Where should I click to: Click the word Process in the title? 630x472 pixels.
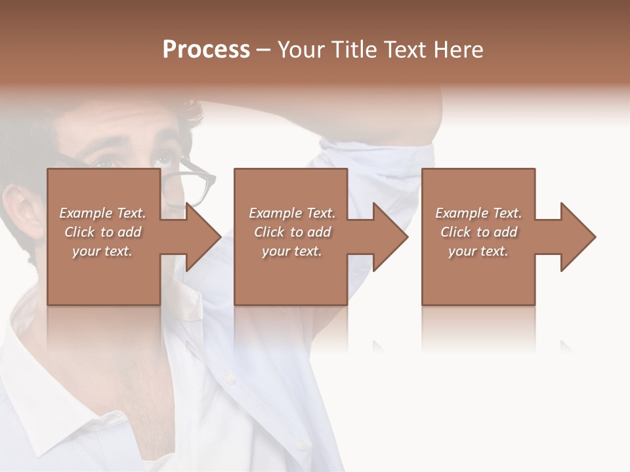[206, 50]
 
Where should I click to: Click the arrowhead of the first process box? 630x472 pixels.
[203, 237]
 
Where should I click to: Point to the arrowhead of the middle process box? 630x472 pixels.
[390, 237]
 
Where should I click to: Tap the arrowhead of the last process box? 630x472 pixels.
[578, 237]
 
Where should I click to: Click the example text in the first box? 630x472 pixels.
[102, 232]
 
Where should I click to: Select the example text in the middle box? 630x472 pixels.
[291, 232]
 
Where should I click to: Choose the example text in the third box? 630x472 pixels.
[478, 232]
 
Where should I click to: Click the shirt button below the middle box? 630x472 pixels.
[229, 378]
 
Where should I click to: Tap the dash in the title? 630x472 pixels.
[264, 50]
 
